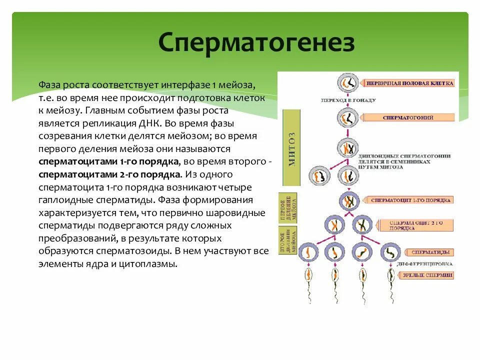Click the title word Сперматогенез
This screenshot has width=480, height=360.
tap(256, 43)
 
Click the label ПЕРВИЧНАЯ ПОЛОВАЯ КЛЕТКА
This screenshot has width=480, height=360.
tap(409, 83)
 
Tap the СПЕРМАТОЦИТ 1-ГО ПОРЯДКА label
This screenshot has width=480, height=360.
tap(410, 200)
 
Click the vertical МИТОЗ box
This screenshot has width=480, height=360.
tap(292, 148)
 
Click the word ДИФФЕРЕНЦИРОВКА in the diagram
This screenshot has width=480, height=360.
tap(424, 263)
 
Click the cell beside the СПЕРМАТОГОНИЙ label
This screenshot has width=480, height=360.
tap(346, 118)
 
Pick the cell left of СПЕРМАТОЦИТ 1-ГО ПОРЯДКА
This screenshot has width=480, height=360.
tap(346, 201)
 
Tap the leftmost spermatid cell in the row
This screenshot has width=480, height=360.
tap(307, 252)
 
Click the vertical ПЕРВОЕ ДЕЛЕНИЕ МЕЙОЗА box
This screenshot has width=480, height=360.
tap(288, 206)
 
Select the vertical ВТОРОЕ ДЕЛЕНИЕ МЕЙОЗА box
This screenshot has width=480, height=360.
tap(288, 241)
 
